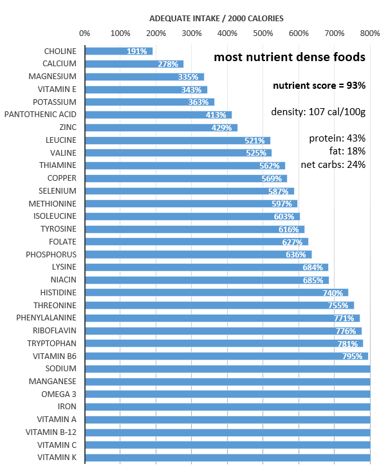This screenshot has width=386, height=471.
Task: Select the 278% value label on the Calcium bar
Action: (x=168, y=64)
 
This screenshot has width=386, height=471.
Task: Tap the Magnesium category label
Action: (x=54, y=77)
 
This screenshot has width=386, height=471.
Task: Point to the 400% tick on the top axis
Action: (x=227, y=33)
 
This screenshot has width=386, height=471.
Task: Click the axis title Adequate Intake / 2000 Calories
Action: (x=216, y=18)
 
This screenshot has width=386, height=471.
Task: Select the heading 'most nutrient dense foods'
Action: (x=289, y=57)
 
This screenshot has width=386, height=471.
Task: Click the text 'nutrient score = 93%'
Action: (x=319, y=86)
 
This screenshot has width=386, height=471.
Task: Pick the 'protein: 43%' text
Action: (x=337, y=138)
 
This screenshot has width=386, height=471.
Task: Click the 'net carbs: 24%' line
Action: (x=333, y=164)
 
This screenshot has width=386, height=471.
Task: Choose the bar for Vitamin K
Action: (x=227, y=457)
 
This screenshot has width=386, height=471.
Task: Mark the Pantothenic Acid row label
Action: (x=41, y=115)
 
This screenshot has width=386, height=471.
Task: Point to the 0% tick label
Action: (x=84, y=33)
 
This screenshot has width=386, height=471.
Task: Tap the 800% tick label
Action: (x=369, y=33)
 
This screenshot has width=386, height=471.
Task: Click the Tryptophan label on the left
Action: (x=53, y=343)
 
